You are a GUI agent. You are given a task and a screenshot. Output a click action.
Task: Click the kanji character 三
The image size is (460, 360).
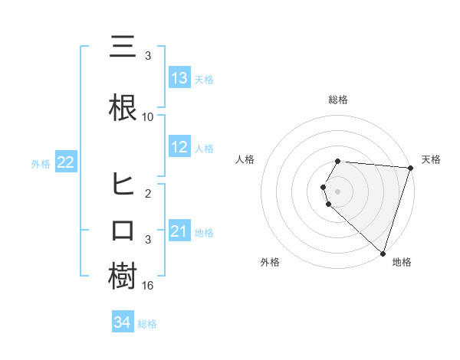(123, 48)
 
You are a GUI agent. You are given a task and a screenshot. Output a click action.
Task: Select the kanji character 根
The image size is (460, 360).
(123, 107)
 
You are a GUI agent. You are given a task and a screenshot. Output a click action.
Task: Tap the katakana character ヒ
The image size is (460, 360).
(123, 185)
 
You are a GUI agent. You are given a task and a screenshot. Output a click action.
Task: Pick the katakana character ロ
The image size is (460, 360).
(123, 231)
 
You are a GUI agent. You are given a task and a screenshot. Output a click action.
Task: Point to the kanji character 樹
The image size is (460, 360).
(123, 277)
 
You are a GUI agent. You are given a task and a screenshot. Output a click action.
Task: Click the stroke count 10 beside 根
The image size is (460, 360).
(148, 117)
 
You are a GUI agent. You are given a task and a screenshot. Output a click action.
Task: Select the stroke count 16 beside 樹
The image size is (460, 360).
(148, 286)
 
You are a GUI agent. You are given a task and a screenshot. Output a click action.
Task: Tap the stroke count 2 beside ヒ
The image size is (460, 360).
(148, 194)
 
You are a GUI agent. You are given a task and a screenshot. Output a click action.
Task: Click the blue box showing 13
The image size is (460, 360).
(179, 78)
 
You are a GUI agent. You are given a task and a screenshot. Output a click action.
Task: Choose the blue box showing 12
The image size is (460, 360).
(179, 147)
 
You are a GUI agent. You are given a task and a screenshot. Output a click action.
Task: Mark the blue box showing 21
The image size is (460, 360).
(179, 231)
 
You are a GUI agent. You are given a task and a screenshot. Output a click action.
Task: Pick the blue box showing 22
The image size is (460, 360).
(65, 162)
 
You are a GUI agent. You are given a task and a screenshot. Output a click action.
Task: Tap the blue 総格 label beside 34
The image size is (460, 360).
(147, 323)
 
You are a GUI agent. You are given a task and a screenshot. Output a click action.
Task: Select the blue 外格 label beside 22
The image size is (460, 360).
(41, 163)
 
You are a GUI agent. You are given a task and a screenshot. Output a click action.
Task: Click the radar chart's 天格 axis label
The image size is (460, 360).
(431, 159)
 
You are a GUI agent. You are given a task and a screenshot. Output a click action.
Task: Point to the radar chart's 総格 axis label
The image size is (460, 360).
(338, 100)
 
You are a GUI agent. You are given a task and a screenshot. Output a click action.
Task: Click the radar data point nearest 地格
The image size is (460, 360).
(383, 253)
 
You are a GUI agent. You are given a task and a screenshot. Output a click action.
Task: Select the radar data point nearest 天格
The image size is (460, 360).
(410, 168)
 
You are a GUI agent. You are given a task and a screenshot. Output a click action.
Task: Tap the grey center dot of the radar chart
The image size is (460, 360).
(338, 191)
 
